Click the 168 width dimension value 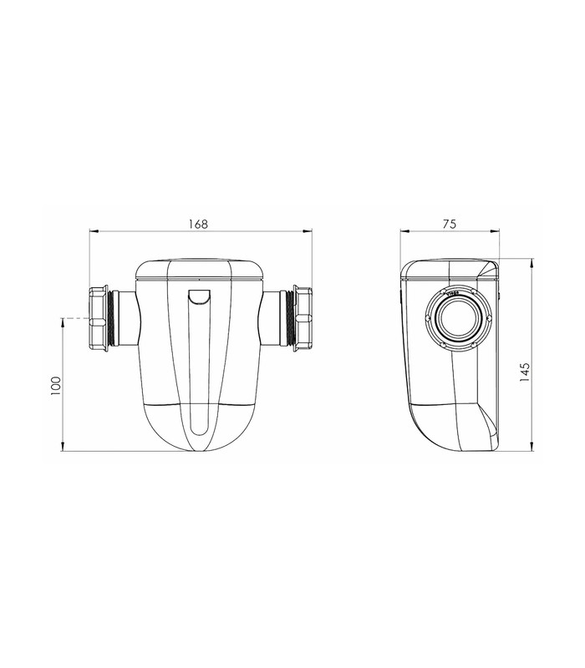[x=198, y=224]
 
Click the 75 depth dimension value [x=450, y=224]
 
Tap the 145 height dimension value [x=525, y=372]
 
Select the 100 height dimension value [x=56, y=386]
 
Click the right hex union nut [x=303, y=319]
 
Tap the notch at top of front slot [x=200, y=297]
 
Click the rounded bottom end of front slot [x=200, y=429]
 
